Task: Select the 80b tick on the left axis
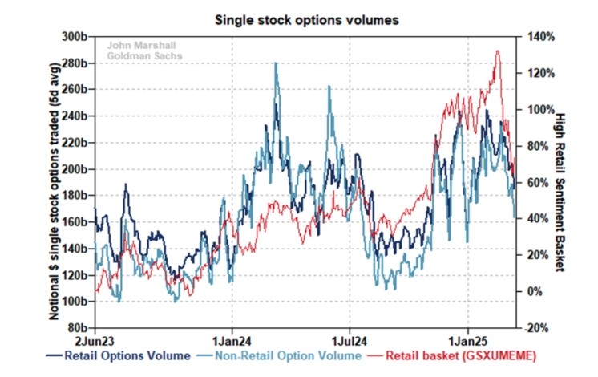coord(75,328)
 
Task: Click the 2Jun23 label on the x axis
coord(95,340)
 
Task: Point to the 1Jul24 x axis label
coord(350,340)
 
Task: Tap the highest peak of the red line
coord(498,51)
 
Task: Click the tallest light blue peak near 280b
coord(276,63)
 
